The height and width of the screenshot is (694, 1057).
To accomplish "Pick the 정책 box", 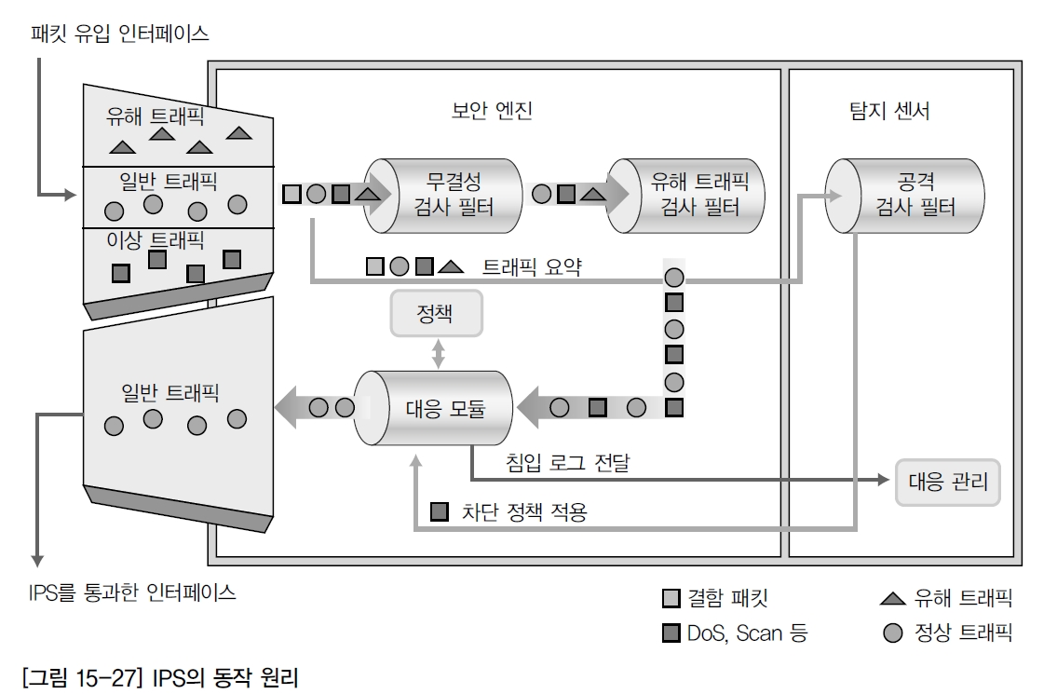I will pos(437,313).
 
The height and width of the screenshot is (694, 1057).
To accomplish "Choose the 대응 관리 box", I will pos(947,483).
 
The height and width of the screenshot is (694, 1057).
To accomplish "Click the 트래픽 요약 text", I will pos(533,266).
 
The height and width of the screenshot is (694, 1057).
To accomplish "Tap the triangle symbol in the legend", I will pos(892,598).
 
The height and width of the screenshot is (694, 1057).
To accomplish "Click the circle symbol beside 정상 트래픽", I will pos(892,633).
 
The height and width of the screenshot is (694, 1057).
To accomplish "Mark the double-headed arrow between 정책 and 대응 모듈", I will pos(438,353).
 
